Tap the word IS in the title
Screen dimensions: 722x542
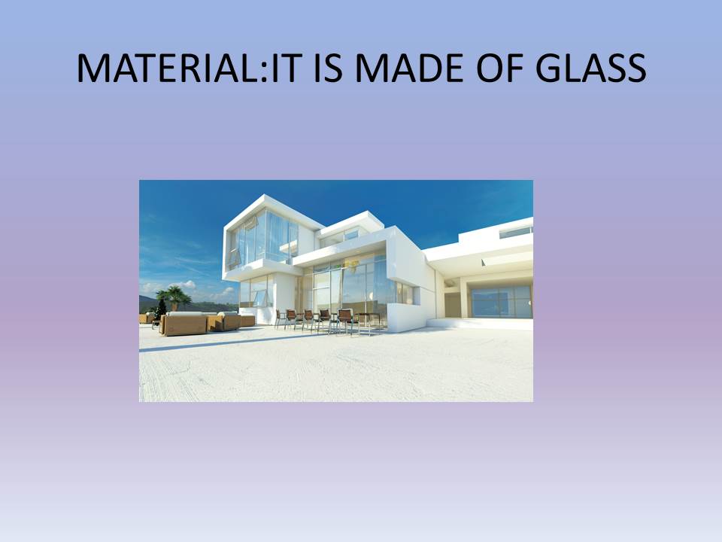coord(328,69)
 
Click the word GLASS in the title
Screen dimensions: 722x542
coord(591,69)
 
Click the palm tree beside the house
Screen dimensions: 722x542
coord(173,297)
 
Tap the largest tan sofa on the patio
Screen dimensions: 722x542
coord(184,324)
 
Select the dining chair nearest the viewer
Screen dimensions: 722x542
coord(345,321)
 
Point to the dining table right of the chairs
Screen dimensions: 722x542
coord(369,319)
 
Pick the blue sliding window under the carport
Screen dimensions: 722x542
coord(502,302)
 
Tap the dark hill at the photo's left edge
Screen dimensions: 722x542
coord(148,304)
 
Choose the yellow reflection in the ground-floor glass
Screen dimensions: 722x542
coord(352,266)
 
